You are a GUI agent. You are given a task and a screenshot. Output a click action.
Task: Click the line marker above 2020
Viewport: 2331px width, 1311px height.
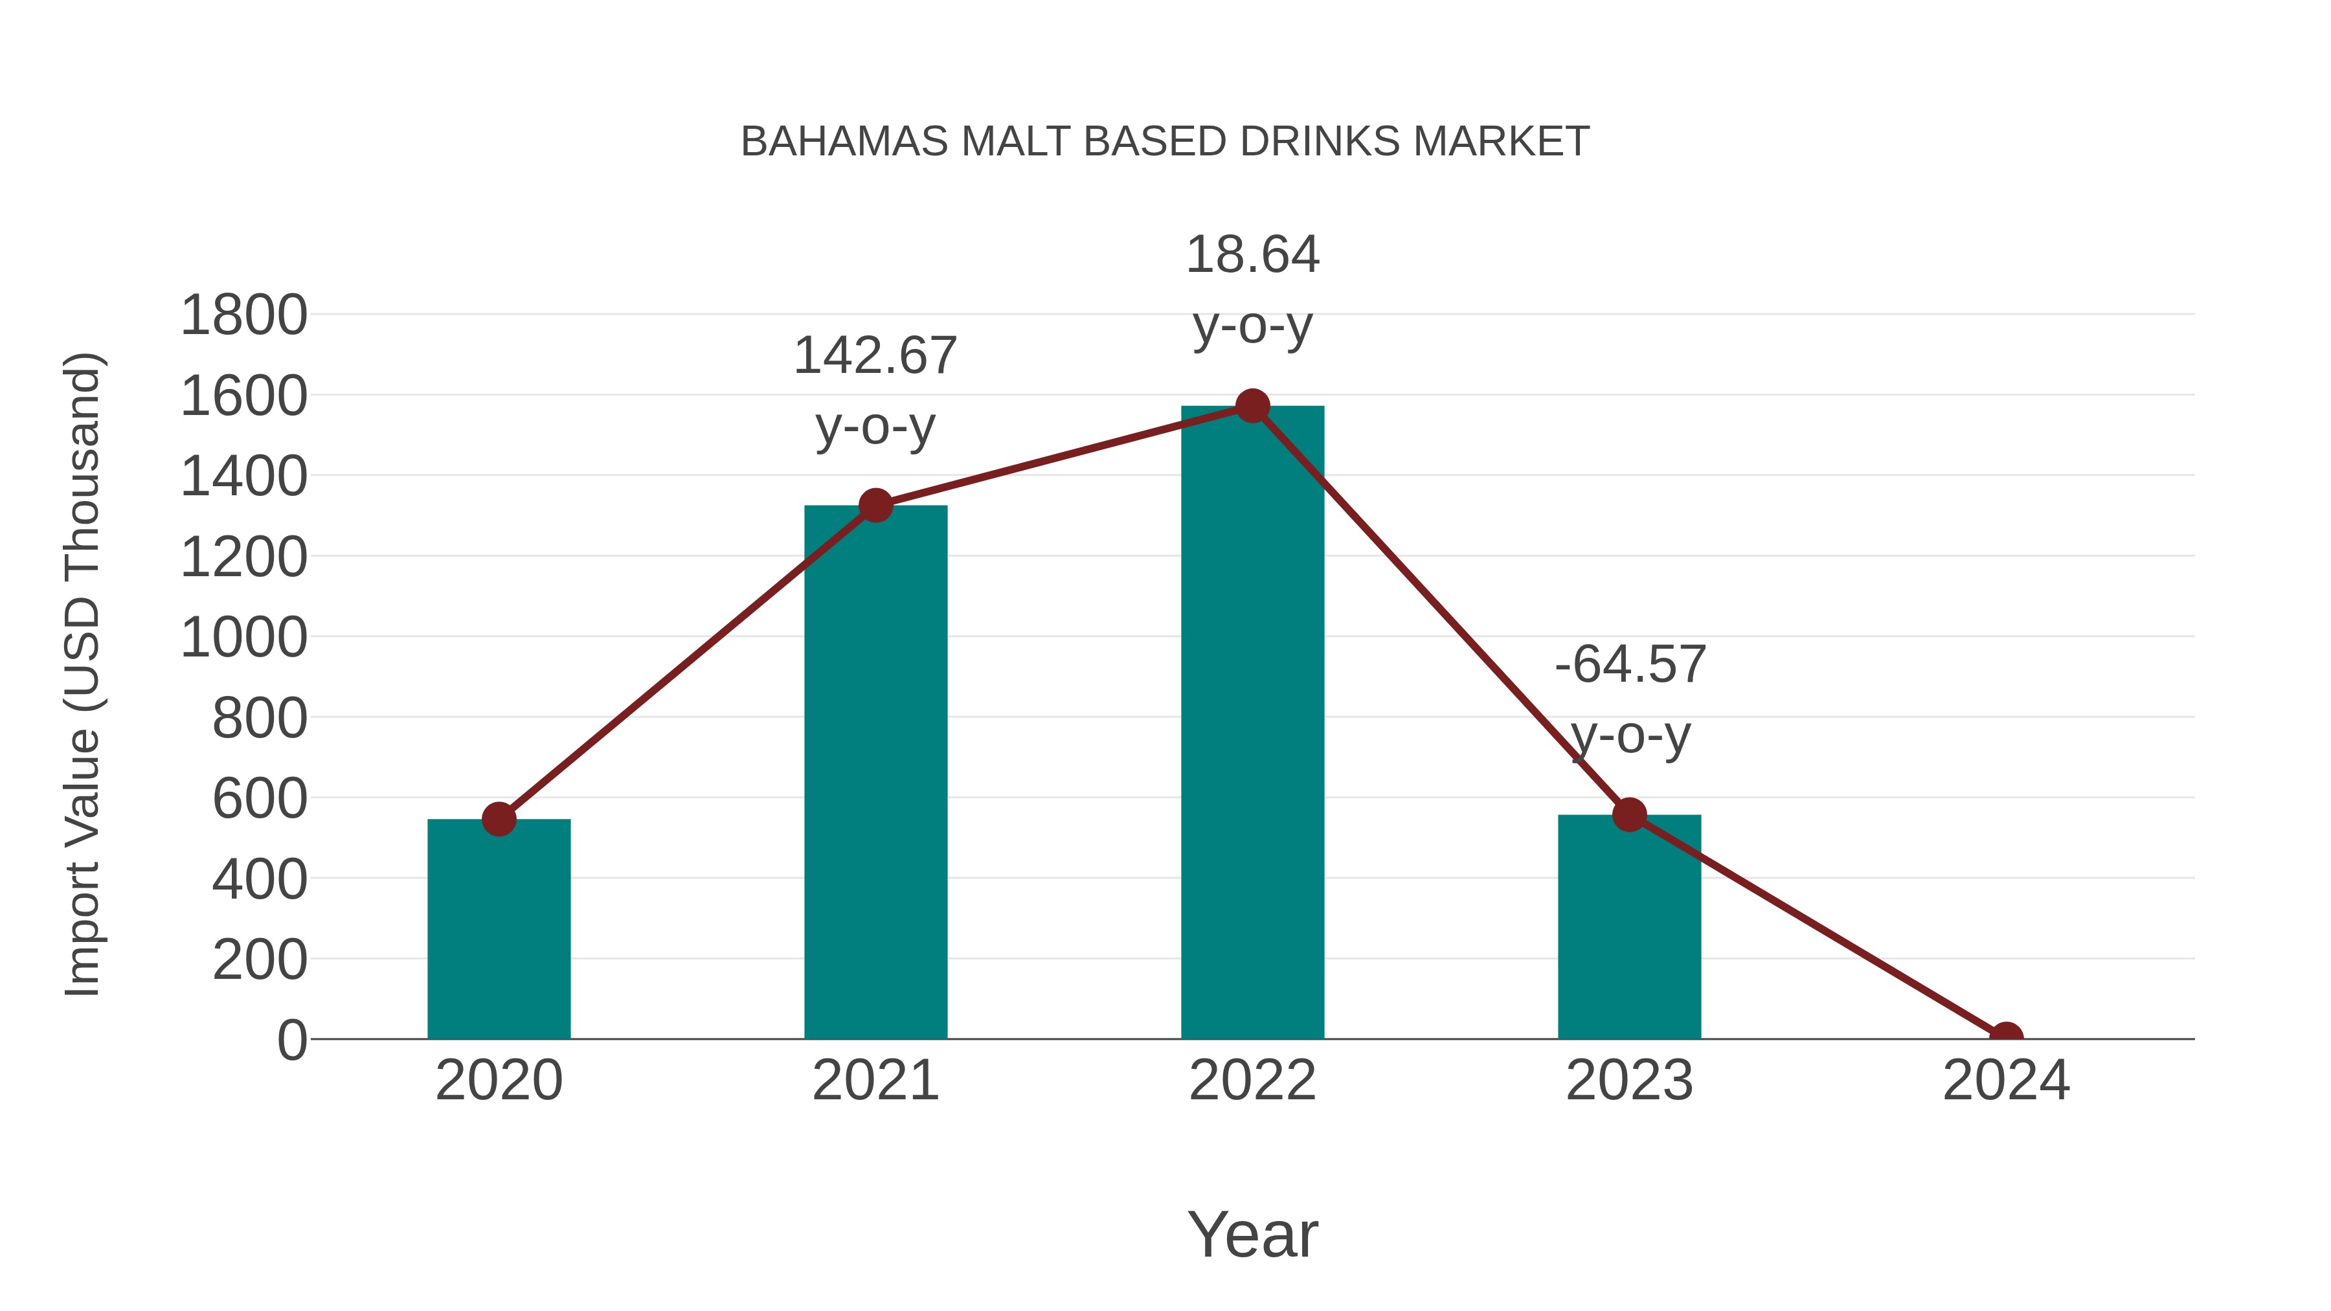point(499,819)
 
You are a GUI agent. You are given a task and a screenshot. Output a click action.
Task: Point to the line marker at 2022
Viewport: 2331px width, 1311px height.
point(1252,406)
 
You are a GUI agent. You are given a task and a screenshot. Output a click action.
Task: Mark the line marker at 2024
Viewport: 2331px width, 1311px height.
point(2005,1037)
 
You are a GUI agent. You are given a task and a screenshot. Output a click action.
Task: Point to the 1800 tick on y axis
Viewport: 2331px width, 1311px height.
point(243,316)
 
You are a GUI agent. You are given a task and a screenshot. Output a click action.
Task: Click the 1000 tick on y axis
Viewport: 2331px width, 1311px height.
point(243,638)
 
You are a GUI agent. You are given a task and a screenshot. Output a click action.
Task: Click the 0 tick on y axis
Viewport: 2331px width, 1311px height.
point(291,1040)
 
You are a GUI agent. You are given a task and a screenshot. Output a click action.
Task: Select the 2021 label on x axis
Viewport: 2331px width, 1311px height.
point(875,1081)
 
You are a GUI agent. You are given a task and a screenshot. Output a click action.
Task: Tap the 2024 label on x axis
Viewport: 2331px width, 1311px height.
point(2005,1081)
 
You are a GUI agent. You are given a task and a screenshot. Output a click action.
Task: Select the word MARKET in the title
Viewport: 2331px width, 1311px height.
point(1500,142)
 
